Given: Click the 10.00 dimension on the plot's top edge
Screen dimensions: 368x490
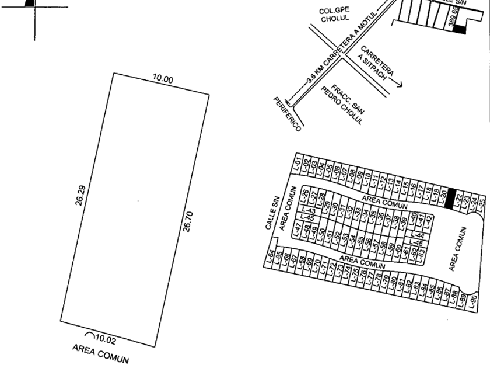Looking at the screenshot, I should [x=162, y=79].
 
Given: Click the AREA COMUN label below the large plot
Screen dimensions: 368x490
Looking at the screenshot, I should [x=100, y=353].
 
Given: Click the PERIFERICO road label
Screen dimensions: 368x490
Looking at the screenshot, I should [x=286, y=114].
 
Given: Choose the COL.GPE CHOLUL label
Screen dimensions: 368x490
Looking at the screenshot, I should [x=334, y=14].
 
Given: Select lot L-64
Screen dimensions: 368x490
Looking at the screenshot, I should [x=271, y=256].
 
